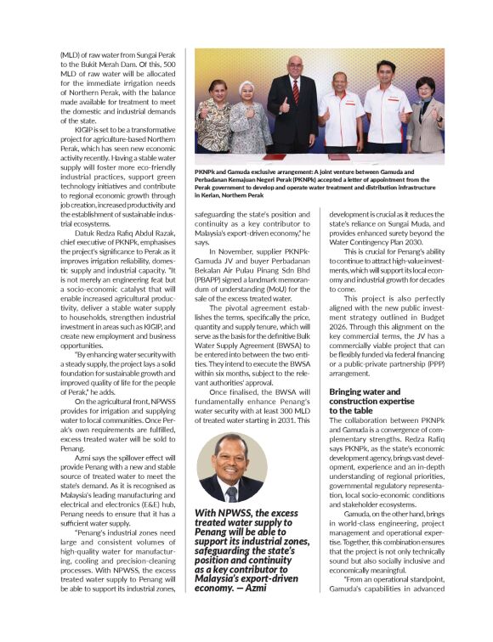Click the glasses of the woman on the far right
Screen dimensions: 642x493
click(x=424, y=87)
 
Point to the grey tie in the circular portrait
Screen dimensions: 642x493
click(x=232, y=492)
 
